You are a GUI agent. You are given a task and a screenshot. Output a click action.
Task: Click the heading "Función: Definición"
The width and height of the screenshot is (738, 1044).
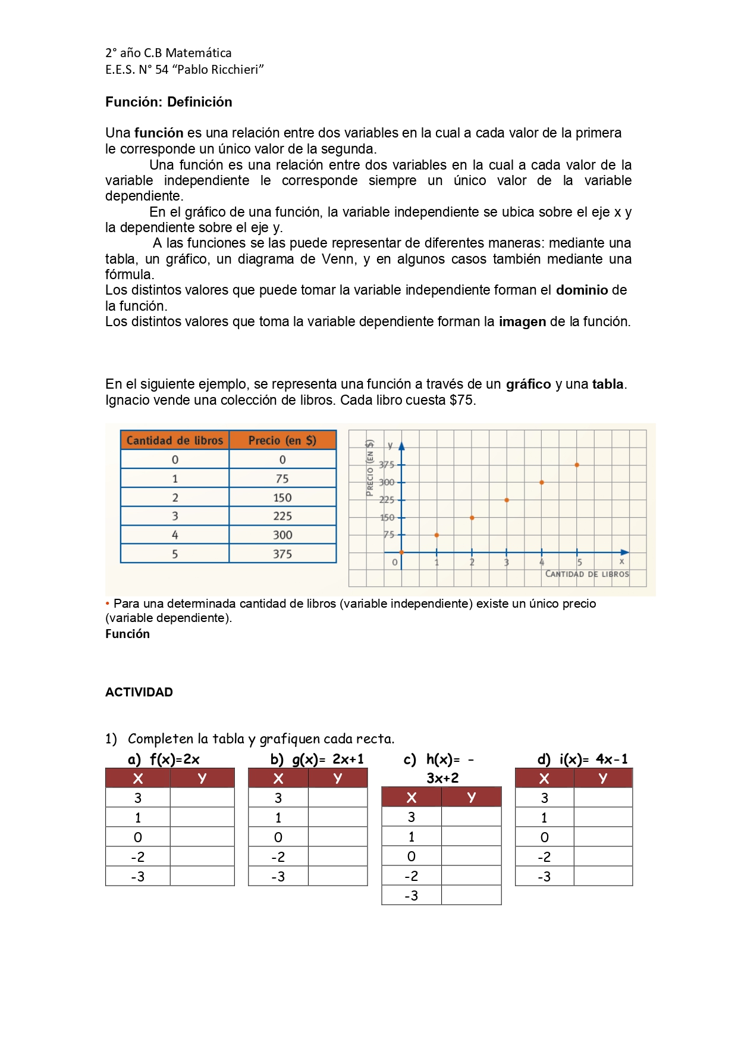point(168,102)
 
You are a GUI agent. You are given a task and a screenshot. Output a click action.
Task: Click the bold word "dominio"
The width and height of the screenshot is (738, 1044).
point(582,290)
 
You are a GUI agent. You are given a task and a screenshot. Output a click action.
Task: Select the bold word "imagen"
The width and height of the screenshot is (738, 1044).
point(522,321)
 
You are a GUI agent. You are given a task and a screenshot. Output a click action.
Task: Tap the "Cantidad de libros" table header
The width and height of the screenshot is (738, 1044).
point(174,440)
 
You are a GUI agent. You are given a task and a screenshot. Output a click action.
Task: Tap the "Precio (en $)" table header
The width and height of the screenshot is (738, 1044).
point(282,440)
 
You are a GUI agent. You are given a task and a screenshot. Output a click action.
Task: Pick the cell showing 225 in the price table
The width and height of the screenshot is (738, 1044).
point(282,516)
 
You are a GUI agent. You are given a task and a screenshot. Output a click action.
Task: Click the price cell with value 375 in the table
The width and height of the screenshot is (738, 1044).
point(282,554)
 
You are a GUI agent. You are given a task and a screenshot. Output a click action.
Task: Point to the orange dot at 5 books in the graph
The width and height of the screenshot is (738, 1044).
point(577,465)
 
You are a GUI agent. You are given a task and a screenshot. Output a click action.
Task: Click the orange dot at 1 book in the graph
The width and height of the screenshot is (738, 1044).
point(436,535)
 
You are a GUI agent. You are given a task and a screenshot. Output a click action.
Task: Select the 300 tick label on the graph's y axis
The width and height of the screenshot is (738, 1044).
point(387,482)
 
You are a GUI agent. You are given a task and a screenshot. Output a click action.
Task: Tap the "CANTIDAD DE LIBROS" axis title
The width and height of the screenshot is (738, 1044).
point(587,574)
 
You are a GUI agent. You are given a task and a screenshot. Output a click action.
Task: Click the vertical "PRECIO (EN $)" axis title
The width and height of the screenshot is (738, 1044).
point(370,468)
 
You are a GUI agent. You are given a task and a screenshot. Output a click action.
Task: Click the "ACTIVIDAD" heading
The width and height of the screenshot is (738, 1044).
point(139,692)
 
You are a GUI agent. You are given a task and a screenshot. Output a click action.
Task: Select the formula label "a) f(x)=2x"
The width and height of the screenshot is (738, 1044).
point(164,759)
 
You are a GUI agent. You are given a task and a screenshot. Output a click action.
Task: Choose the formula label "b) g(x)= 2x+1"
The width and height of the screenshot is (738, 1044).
point(316,759)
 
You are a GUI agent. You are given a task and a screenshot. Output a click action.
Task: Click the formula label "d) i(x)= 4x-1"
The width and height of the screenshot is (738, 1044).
point(582,759)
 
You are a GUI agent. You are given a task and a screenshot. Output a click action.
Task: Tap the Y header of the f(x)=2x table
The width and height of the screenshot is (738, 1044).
point(202,778)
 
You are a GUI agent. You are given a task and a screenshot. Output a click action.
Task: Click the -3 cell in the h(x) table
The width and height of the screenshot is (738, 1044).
point(411,895)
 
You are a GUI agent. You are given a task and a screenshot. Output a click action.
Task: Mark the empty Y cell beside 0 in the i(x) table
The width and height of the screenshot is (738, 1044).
point(602,837)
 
